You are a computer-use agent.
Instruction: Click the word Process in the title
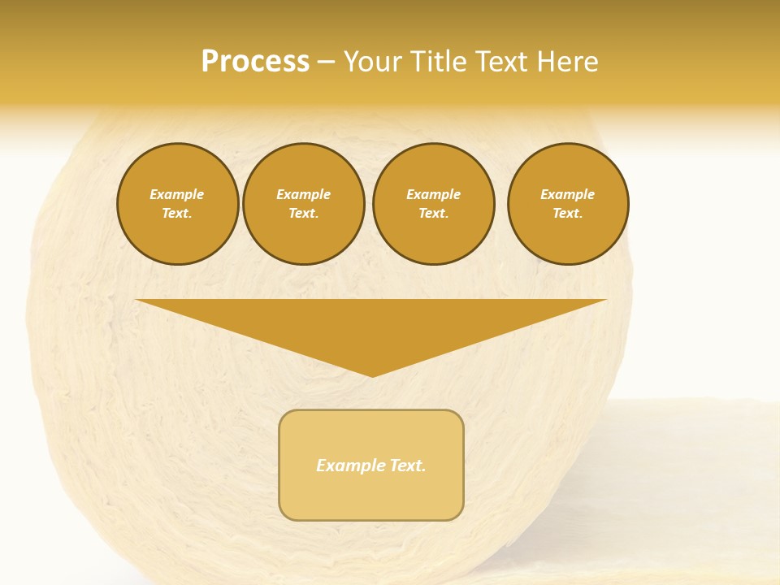pyautogui.click(x=255, y=62)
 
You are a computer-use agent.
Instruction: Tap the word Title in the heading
pyautogui.click(x=439, y=62)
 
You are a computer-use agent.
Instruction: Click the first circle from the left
pyautogui.click(x=177, y=204)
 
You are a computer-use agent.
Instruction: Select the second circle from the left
pyautogui.click(x=303, y=204)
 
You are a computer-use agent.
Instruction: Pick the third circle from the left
pyautogui.click(x=433, y=204)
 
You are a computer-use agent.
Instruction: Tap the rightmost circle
pyautogui.click(x=567, y=204)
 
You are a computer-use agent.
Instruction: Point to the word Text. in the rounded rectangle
pyautogui.click(x=408, y=466)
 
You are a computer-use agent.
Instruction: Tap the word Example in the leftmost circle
pyautogui.click(x=177, y=195)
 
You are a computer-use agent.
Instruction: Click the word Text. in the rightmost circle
pyautogui.click(x=567, y=214)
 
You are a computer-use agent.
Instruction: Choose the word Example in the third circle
pyautogui.click(x=433, y=195)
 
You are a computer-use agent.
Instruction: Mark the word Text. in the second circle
pyautogui.click(x=303, y=214)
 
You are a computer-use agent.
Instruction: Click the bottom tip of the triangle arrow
pyautogui.click(x=372, y=374)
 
